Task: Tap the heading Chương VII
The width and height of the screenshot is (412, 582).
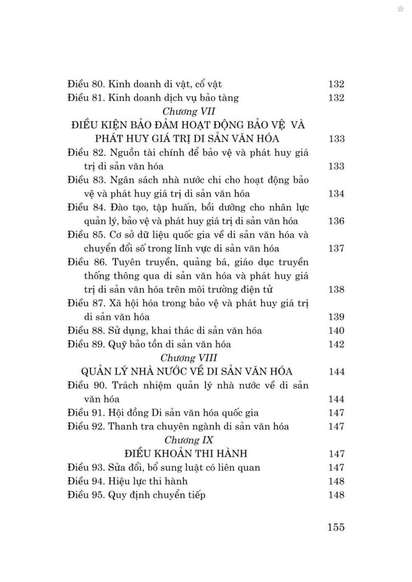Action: (x=189, y=111)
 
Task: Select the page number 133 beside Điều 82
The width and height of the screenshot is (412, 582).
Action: (x=336, y=166)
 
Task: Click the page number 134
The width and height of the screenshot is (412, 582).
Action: (x=336, y=194)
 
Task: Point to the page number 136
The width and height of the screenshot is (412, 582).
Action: (x=336, y=221)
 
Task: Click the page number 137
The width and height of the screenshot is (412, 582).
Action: (x=336, y=248)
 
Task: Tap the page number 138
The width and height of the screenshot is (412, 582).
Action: (x=336, y=289)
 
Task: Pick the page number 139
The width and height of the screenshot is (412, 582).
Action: (x=336, y=317)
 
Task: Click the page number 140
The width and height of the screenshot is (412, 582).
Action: (x=336, y=330)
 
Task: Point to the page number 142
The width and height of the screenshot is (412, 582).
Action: (x=336, y=344)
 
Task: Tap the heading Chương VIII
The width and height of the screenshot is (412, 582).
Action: (x=189, y=358)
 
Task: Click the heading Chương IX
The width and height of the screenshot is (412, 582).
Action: (x=189, y=440)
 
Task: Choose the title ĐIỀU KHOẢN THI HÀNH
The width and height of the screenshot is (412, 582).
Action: (x=186, y=453)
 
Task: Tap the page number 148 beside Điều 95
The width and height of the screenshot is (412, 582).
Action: (x=336, y=494)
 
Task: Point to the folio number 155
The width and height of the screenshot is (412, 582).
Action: (x=336, y=527)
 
